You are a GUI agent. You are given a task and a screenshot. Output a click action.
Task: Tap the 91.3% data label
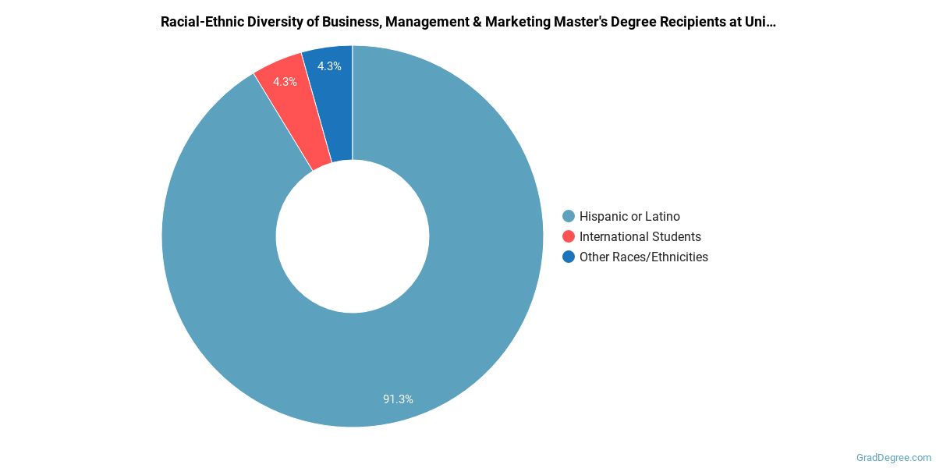[398, 399]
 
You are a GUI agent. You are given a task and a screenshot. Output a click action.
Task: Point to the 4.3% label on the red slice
[285, 81]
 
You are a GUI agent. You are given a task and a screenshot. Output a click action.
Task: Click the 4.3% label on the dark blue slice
[328, 66]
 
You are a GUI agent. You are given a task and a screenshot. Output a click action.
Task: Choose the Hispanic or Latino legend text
[629, 216]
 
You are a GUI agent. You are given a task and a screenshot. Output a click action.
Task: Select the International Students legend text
[640, 236]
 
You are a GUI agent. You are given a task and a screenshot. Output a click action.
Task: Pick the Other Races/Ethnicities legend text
[643, 257]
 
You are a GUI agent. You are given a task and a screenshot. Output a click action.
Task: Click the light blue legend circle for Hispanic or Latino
[569, 216]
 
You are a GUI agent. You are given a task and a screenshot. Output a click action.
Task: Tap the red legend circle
[569, 236]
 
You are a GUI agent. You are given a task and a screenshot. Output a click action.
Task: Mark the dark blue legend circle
[569, 257]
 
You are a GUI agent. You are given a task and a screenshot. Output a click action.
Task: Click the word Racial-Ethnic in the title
[200, 22]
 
